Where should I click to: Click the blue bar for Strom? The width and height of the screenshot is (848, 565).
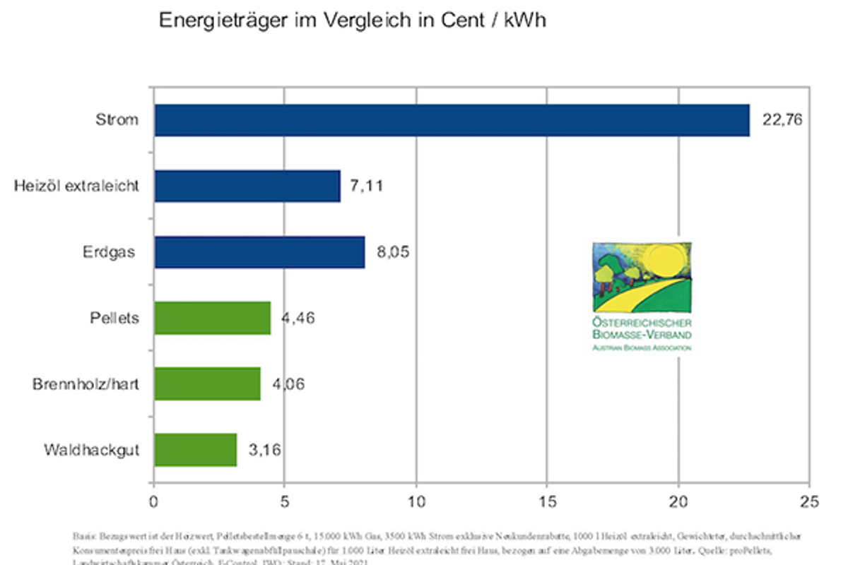point(452,120)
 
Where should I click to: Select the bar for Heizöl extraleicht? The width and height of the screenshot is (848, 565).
point(247,186)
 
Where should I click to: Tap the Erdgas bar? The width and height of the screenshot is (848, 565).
point(259,252)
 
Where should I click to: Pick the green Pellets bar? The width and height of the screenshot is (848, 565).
point(212,318)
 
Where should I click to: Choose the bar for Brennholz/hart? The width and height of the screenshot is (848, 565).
point(207,383)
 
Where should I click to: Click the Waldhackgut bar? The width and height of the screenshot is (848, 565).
point(196,450)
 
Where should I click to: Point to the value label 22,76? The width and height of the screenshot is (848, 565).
point(782,120)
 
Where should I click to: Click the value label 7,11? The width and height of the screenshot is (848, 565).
point(367,186)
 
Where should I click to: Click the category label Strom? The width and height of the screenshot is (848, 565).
point(117,120)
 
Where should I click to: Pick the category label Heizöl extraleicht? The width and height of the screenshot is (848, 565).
point(76,186)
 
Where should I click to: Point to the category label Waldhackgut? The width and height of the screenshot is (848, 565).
point(90,450)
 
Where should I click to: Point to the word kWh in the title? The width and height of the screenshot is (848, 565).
point(524,20)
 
